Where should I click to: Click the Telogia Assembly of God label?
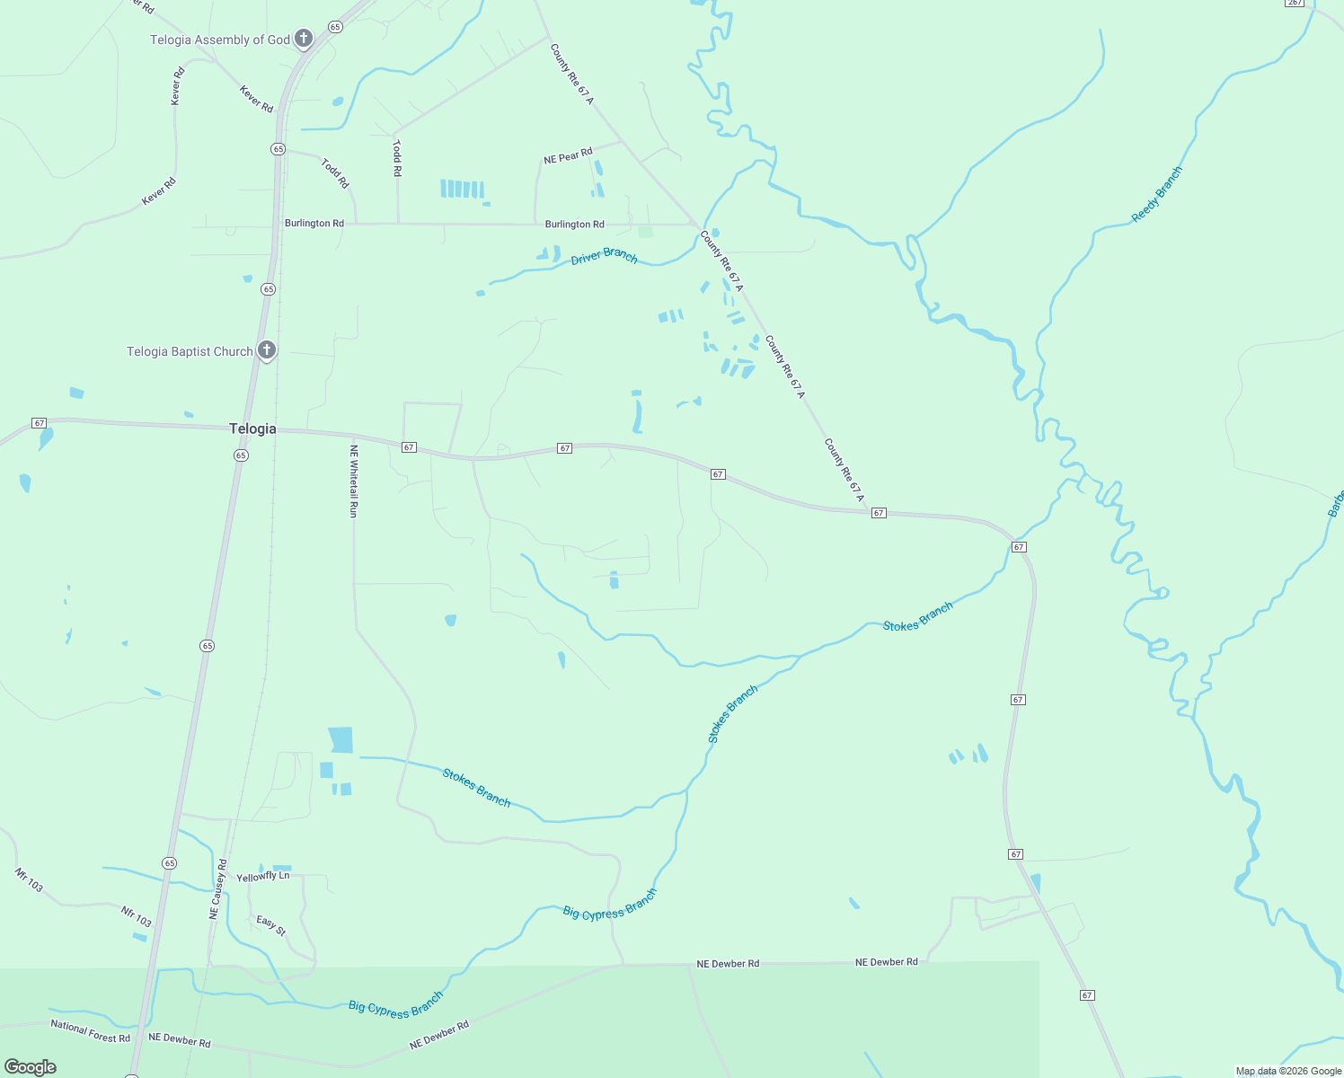[219, 40]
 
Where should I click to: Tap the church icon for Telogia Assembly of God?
[304, 39]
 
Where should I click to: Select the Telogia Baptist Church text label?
[190, 351]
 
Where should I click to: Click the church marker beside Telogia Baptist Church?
[266, 350]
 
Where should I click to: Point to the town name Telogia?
[252, 429]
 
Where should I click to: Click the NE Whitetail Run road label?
[353, 482]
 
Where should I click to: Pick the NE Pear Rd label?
[568, 157]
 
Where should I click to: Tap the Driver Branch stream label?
[604, 257]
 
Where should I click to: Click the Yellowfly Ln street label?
[262, 876]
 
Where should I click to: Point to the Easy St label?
[270, 925]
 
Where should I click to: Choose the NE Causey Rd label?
[217, 889]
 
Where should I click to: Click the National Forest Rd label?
[90, 1031]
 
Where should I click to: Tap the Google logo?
[31, 1067]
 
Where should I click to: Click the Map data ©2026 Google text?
[1288, 1071]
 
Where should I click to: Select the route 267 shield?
[1294, 3]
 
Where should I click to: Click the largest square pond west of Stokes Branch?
[340, 739]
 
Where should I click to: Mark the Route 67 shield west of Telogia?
[39, 423]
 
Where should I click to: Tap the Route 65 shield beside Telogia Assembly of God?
[335, 27]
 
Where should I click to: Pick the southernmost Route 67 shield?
[1087, 995]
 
